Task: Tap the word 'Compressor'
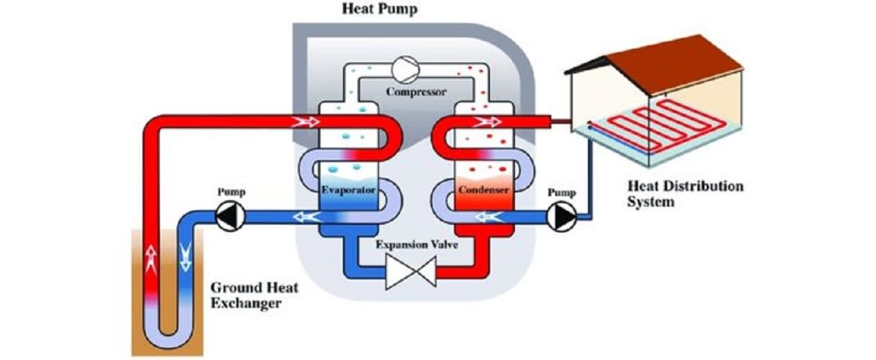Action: pos(416,91)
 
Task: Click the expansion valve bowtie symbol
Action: pos(408,274)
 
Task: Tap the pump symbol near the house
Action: pos(560,215)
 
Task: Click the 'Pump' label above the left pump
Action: pos(231,193)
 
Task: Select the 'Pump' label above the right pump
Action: pos(560,193)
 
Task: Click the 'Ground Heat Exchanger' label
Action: pos(254,295)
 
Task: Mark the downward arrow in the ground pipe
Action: pos(185,256)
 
